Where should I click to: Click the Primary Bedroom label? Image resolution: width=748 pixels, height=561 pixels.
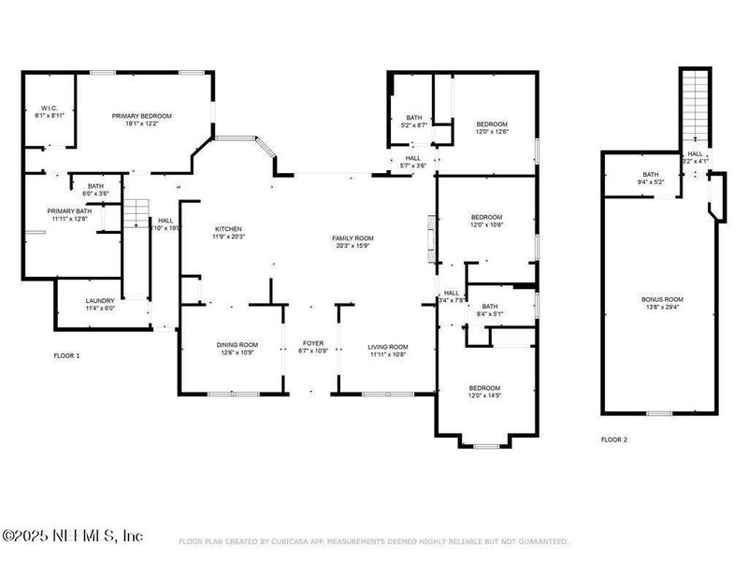(142, 116)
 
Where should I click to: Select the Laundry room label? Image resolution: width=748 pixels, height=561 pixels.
(100, 301)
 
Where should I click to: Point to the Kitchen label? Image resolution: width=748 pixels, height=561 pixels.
(229, 229)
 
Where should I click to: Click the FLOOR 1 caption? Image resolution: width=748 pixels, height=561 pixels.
(66, 356)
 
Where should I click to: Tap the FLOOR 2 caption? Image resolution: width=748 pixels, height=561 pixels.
(614, 439)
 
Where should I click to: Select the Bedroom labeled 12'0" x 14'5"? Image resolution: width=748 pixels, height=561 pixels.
(484, 388)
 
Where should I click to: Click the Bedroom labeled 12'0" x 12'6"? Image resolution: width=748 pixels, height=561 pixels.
(492, 124)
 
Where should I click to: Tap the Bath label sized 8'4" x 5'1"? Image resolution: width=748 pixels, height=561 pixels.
(490, 307)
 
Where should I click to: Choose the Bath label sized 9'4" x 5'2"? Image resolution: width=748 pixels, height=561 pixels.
(651, 174)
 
